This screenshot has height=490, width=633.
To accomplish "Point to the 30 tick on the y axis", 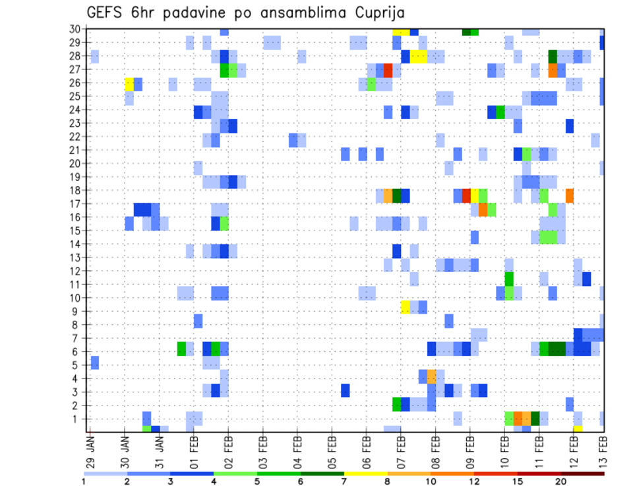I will coord(77,29).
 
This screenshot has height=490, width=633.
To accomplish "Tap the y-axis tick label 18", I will coord(77,190).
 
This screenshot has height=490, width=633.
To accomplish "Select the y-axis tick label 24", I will coord(77,110).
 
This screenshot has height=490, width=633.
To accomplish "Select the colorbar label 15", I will coord(518,481).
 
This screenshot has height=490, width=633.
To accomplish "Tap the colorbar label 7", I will coord(344,481).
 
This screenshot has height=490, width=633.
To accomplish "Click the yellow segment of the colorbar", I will coord(365,473).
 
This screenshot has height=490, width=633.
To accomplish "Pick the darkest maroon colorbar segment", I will coord(583,473).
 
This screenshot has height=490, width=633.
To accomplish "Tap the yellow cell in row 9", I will coord(406,307).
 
